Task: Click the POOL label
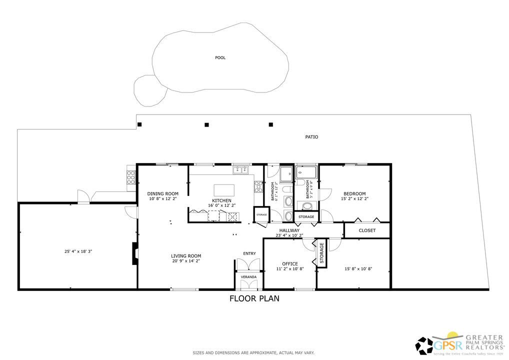220,57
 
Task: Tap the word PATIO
311,136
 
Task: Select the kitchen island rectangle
224,190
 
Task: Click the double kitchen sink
240,170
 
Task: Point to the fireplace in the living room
134,253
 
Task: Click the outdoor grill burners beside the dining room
131,177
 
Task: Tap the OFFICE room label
289,263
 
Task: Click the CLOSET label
367,230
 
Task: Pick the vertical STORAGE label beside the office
321,253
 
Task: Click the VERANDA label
248,276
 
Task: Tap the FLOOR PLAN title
254,299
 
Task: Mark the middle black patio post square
206,124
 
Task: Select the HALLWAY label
289,230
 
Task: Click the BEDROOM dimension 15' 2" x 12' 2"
354,199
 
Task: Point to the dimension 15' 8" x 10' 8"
358,269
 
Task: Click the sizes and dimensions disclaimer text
253,353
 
